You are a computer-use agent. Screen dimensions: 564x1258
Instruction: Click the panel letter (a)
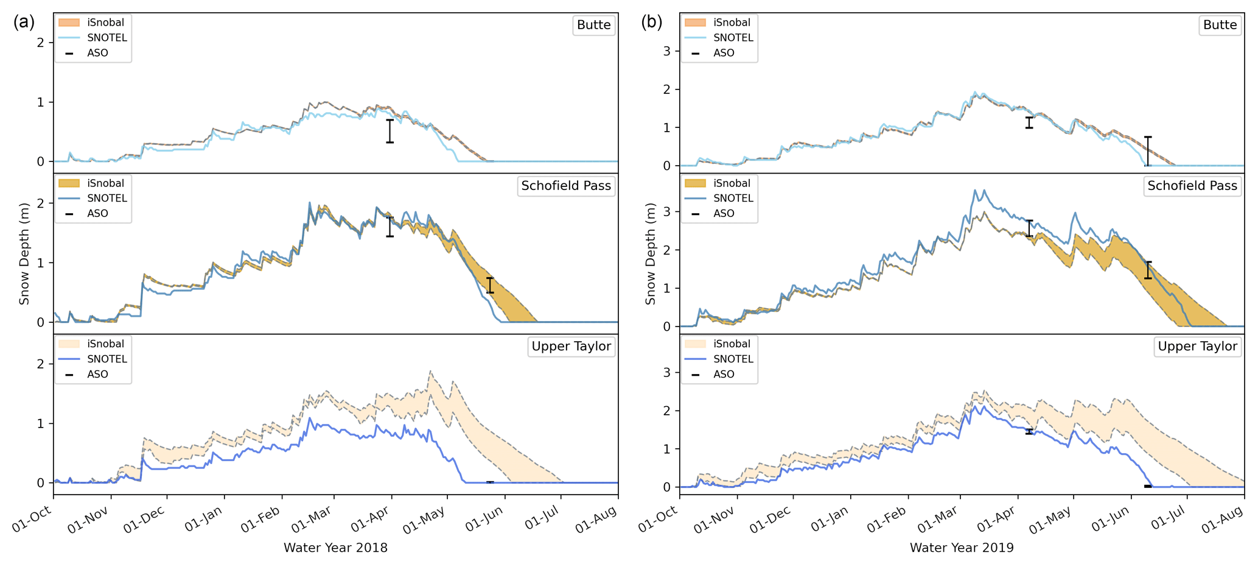[x=24, y=23]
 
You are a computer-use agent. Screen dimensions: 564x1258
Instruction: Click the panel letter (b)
[x=651, y=23]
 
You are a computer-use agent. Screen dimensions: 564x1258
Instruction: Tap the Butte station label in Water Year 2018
[x=593, y=25]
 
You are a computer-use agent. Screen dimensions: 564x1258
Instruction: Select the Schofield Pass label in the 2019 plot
[x=1192, y=186]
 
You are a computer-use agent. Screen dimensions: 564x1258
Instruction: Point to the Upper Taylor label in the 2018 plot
[x=571, y=347]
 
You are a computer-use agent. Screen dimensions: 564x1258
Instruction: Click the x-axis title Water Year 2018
[x=335, y=548]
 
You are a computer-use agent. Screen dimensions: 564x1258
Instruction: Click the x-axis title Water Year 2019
[x=962, y=548]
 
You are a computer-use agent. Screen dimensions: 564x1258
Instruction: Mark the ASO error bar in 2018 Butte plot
[x=390, y=131]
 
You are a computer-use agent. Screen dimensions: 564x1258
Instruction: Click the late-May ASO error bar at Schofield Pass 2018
[x=490, y=285]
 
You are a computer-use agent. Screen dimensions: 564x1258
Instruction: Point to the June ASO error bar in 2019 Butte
[x=1148, y=151]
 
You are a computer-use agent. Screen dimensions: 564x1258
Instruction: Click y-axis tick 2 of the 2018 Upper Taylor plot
[x=41, y=364]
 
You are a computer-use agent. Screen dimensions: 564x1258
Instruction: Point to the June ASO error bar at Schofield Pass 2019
[x=1148, y=270]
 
